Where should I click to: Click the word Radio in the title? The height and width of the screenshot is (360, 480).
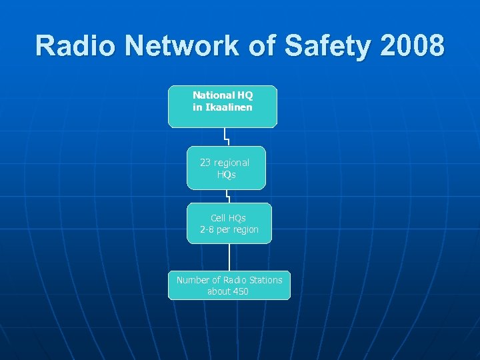point(75,45)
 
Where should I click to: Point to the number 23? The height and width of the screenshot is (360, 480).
point(206,163)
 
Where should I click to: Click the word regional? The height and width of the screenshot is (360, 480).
point(231,163)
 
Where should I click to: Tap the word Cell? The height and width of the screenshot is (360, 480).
point(218,218)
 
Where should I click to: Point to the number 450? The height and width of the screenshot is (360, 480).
point(238,291)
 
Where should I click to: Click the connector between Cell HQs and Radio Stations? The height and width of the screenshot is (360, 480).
point(229,257)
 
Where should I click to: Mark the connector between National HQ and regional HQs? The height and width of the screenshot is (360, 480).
point(227,137)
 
